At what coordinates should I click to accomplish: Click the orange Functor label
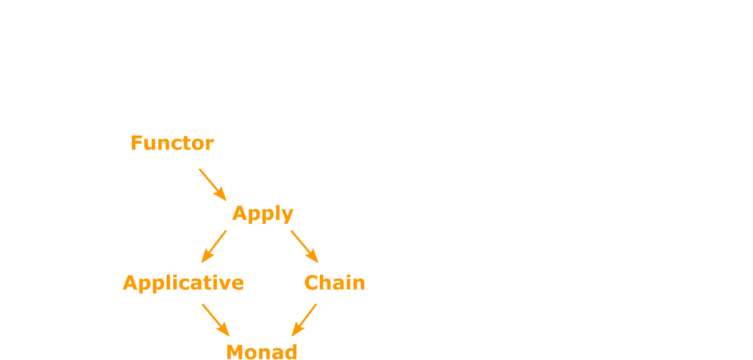click(172, 143)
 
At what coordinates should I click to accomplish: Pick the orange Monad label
click(262, 352)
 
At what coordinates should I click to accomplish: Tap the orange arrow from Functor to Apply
click(212, 184)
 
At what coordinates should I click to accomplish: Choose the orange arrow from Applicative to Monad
click(216, 320)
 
